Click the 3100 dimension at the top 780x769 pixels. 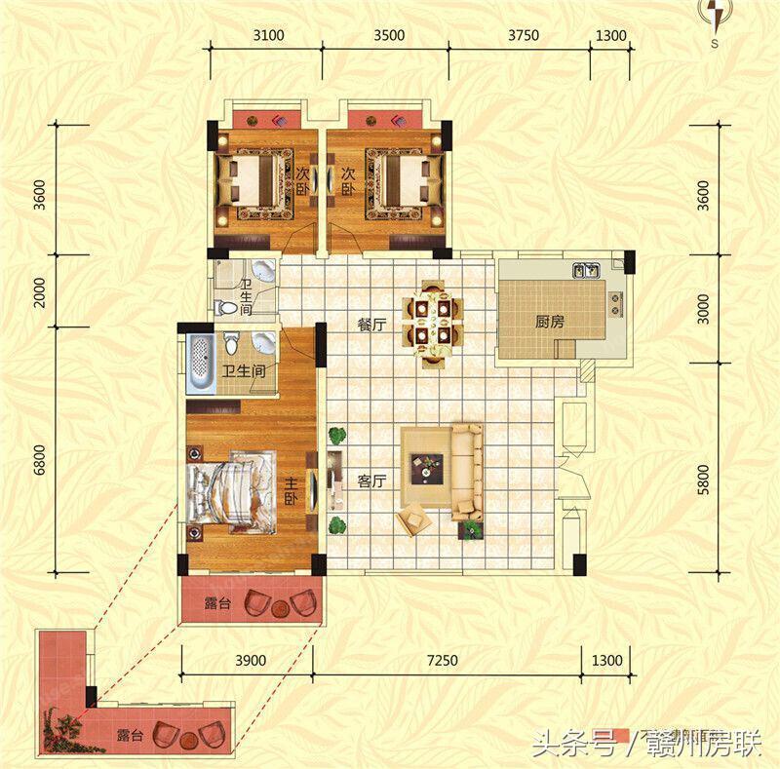click(267, 36)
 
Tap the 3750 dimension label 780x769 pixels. click(523, 36)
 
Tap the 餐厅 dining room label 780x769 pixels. click(371, 326)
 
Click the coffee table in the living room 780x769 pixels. click(427, 469)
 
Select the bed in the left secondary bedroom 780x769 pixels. click(255, 181)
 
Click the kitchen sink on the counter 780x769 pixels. click(586, 268)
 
